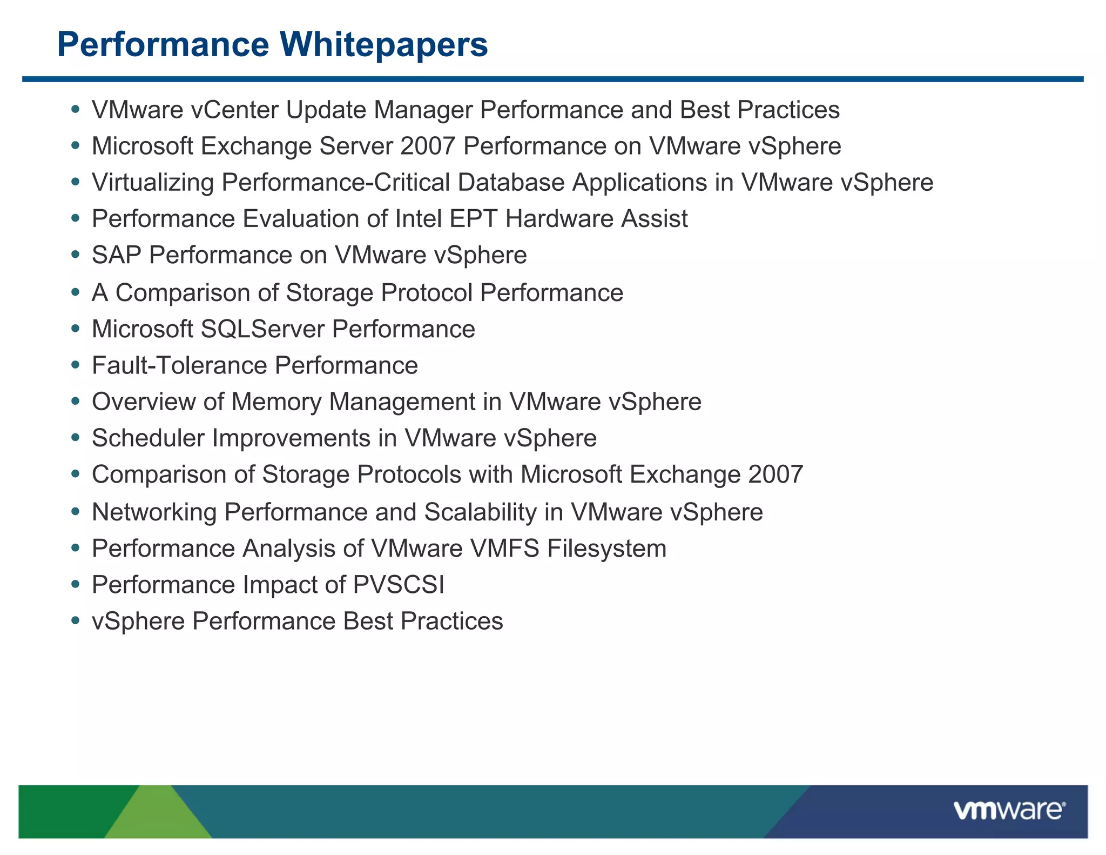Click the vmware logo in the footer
[x=1009, y=811]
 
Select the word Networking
[x=154, y=512]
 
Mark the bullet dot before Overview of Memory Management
[x=76, y=402]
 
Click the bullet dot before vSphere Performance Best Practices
[x=76, y=622]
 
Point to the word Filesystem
[x=606, y=549]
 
